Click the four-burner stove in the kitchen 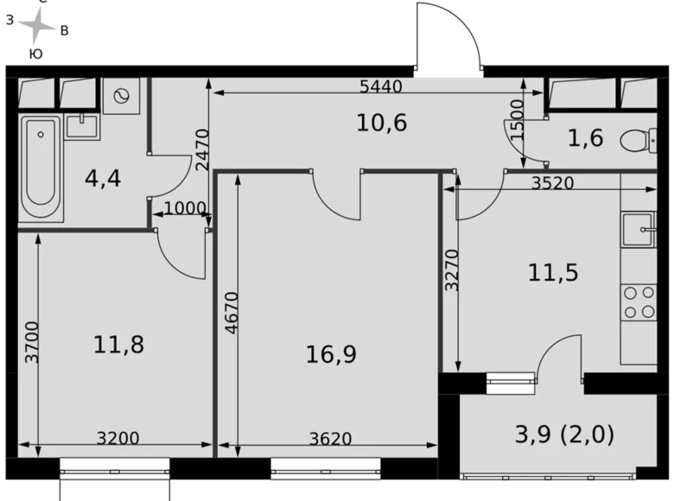coord(639,303)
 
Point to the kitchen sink coord(640,230)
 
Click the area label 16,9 coord(331,353)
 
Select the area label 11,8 coord(118,345)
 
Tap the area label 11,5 coord(553,273)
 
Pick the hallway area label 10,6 coord(381,123)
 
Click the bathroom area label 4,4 coord(103,179)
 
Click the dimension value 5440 coord(381,86)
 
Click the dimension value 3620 coord(331,439)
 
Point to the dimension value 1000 coord(185,208)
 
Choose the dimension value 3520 coord(554,183)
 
